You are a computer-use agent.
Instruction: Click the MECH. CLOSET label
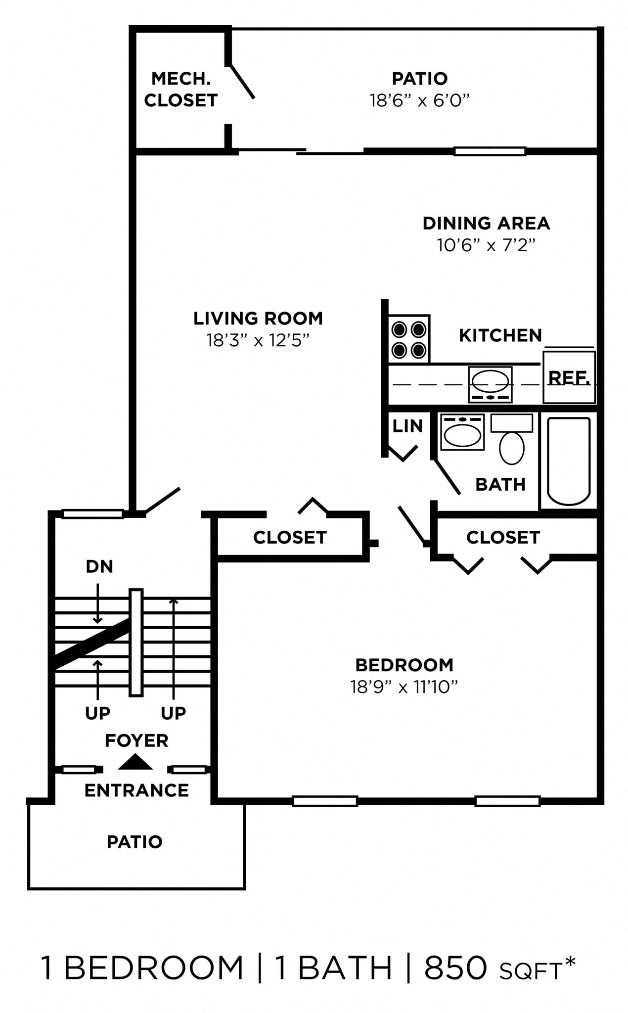(x=180, y=90)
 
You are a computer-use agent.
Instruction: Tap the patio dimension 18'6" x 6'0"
(x=419, y=101)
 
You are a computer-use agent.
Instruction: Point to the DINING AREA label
(x=486, y=223)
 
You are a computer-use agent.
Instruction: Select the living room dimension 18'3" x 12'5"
(x=258, y=340)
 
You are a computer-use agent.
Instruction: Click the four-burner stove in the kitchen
(x=408, y=339)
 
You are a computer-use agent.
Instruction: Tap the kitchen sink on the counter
(x=490, y=384)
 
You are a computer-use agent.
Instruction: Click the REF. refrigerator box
(x=569, y=378)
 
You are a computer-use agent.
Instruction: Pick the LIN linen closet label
(x=407, y=426)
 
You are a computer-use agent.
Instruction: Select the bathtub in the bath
(x=569, y=460)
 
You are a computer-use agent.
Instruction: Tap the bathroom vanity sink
(x=462, y=433)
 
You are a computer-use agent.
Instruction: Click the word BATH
(x=500, y=485)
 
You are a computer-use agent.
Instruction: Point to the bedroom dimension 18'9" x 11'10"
(x=404, y=687)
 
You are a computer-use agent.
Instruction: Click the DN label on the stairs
(x=99, y=566)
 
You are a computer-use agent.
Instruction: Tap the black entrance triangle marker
(x=135, y=762)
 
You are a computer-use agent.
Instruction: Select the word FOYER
(x=136, y=740)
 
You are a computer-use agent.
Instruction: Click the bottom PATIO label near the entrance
(x=135, y=842)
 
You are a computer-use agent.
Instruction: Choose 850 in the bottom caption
(x=455, y=968)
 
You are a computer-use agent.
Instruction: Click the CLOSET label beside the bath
(x=503, y=537)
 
